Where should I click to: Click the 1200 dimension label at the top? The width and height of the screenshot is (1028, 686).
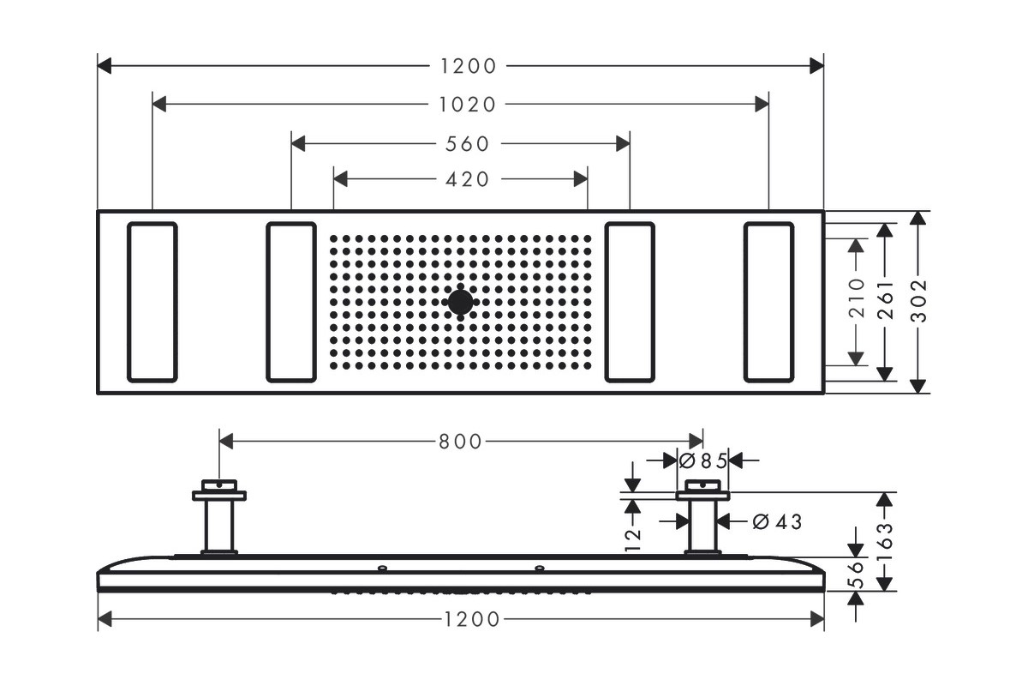coord(468,66)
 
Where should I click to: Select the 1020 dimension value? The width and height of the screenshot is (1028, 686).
coord(467,105)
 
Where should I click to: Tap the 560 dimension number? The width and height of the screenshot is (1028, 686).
coord(467,144)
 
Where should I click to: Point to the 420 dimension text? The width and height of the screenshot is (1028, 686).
coord(467,179)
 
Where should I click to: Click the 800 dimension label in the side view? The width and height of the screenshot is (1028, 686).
coord(460,442)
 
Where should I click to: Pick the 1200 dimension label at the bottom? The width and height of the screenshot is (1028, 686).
coord(472,619)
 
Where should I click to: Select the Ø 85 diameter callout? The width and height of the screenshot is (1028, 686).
coord(703,460)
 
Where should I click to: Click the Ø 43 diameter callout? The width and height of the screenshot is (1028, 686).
coord(778,521)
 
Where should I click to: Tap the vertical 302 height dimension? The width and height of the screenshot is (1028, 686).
coord(918,301)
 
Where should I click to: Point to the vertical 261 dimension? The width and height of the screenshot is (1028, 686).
coord(885,300)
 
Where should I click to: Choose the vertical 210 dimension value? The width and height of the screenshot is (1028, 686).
coord(857,298)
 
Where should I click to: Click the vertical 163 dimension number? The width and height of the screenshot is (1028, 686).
coord(885,541)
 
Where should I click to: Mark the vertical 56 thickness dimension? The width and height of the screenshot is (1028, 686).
coord(856,575)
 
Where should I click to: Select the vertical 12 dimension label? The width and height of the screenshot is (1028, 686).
coord(633,540)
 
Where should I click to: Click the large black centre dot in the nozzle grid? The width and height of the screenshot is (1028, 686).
coord(460,303)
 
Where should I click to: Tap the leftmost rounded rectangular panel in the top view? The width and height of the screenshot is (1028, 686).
coord(152,303)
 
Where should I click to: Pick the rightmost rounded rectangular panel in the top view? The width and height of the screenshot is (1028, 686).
coord(768,303)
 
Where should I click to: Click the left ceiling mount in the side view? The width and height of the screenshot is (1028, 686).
coord(219,517)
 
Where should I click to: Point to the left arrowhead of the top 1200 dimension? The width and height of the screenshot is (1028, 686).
coord(105,66)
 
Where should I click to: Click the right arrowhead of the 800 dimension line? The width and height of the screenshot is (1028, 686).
coord(696,442)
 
